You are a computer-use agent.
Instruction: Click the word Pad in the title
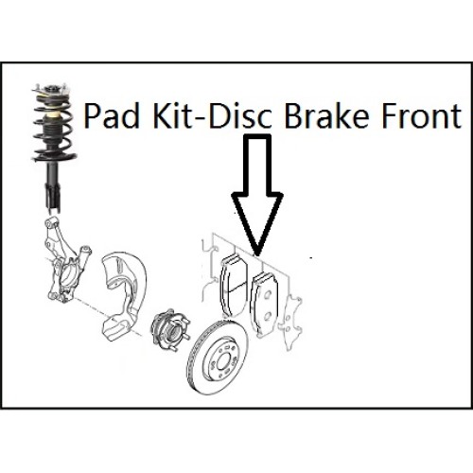[112, 116]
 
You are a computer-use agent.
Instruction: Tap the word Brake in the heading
[326, 116]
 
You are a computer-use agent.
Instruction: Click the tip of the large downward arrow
[257, 254]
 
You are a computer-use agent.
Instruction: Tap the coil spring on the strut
[54, 126]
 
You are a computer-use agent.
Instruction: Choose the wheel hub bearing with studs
[167, 329]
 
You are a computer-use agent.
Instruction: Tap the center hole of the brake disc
[223, 360]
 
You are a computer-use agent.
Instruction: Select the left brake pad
[234, 286]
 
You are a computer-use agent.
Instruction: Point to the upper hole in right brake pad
[267, 295]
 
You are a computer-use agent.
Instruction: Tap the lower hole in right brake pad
[267, 315]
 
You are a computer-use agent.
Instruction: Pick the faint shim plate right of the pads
[290, 323]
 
